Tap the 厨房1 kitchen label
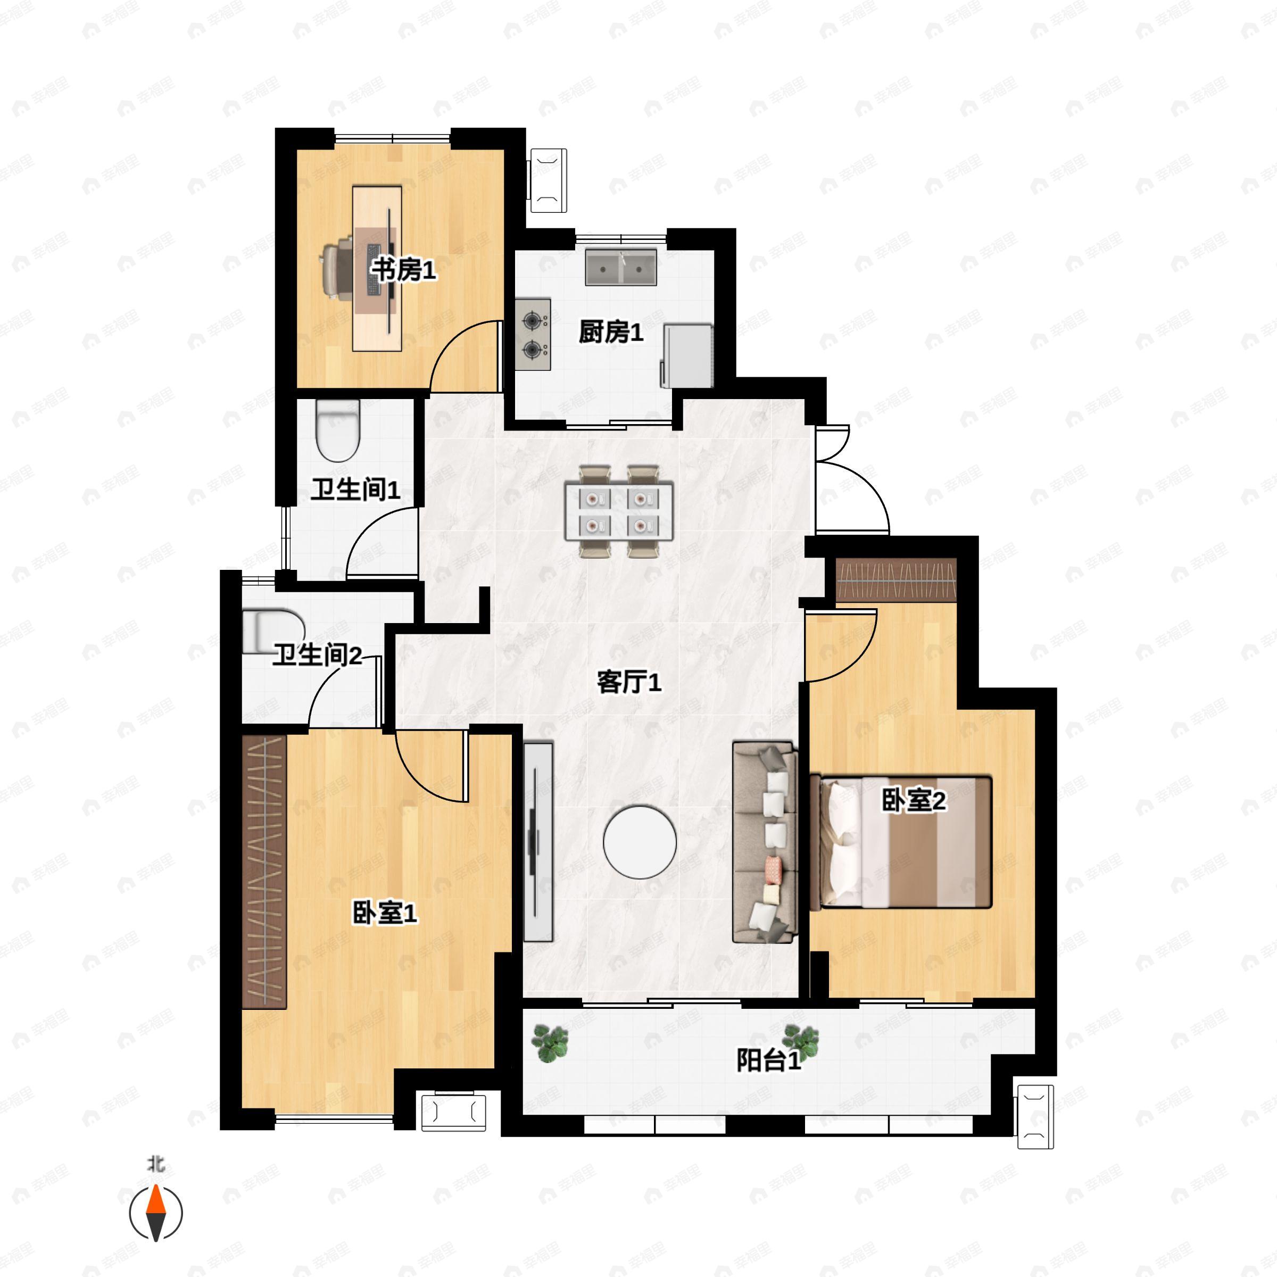(x=611, y=332)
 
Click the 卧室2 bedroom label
(x=914, y=801)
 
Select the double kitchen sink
(x=620, y=268)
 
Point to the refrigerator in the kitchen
(x=687, y=355)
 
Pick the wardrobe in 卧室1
(x=264, y=871)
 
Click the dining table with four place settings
(x=619, y=510)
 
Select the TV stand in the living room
(x=538, y=841)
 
